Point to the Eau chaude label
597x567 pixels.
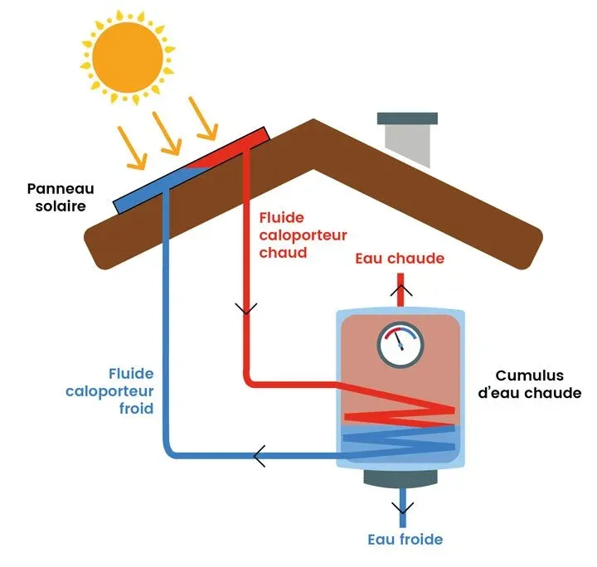coord(400,259)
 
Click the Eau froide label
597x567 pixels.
coord(405,540)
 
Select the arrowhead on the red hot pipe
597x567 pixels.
coord(246,308)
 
